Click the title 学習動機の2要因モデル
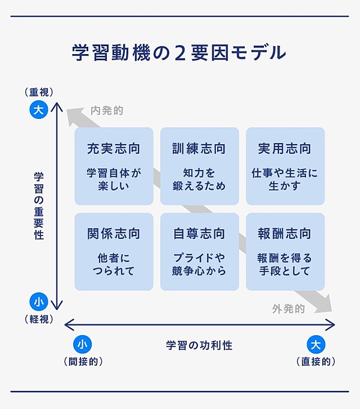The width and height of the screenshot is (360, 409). [179, 53]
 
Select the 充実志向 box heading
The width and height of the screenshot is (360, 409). [113, 148]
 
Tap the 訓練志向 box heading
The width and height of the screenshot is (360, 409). [199, 148]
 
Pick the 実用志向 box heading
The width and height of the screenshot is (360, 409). [284, 148]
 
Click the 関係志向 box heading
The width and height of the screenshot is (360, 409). [113, 233]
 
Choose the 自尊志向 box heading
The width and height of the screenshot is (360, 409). [199, 233]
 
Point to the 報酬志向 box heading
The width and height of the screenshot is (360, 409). [284, 233]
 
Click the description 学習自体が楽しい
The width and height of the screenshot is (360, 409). [113, 179]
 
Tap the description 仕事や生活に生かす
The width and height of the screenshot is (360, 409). [284, 179]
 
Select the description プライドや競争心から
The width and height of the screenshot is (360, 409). [199, 264]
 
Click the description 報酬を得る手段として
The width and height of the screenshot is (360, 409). [284, 264]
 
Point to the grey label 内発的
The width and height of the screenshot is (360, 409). [107, 111]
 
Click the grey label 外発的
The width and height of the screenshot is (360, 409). [288, 309]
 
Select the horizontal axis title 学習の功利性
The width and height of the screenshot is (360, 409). [199, 345]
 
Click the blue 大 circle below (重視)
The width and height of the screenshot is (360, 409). [38, 110]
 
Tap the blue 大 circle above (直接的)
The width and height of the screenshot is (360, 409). [316, 344]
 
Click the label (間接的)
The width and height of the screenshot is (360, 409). [83, 362]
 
